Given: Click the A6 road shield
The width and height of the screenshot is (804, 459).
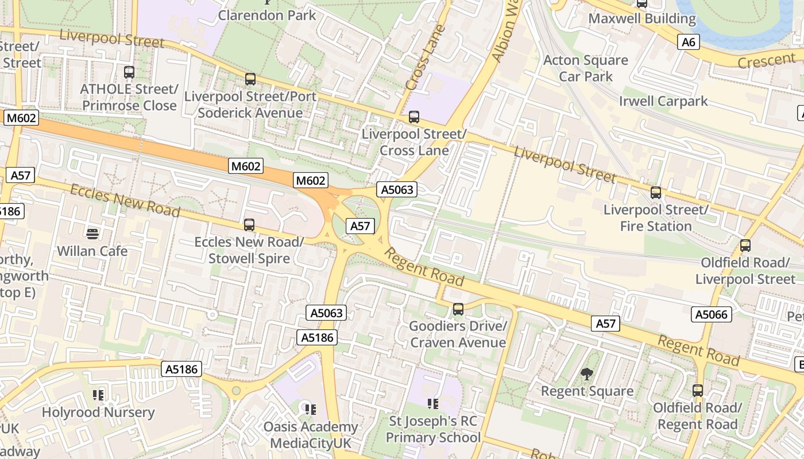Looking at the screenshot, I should [689, 42].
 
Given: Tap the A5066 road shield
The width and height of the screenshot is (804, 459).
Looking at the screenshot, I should [712, 314].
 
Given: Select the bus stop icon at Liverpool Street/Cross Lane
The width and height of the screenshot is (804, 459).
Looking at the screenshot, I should [414, 117].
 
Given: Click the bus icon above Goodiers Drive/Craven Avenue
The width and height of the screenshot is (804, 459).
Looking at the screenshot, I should [458, 309].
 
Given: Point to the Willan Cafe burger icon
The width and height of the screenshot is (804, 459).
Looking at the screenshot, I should [92, 234].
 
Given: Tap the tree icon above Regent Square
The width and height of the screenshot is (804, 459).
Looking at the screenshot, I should [587, 375].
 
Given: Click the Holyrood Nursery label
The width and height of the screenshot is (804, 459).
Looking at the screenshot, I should [98, 412].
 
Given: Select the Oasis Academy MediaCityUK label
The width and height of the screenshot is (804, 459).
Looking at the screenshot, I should [310, 435].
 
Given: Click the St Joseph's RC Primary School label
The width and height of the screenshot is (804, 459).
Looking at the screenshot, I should [433, 429].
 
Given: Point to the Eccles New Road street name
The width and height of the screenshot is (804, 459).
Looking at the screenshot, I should [125, 200].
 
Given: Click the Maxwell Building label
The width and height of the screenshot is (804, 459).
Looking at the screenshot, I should [642, 18].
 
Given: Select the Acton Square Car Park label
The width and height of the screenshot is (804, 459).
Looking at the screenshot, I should [586, 68].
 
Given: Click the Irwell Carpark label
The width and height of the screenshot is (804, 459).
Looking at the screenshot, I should [663, 102].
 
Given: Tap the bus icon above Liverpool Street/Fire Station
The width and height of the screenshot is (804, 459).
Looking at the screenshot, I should [656, 193].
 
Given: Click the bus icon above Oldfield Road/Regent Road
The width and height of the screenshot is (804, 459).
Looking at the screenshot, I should [698, 391].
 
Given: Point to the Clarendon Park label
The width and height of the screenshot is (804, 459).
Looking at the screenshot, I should [267, 15].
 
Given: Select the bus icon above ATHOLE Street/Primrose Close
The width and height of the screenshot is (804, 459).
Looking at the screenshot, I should [129, 72].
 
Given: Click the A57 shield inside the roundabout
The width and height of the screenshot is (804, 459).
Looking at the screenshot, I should [360, 226].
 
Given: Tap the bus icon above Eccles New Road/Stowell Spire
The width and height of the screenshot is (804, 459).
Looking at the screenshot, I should [249, 225].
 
